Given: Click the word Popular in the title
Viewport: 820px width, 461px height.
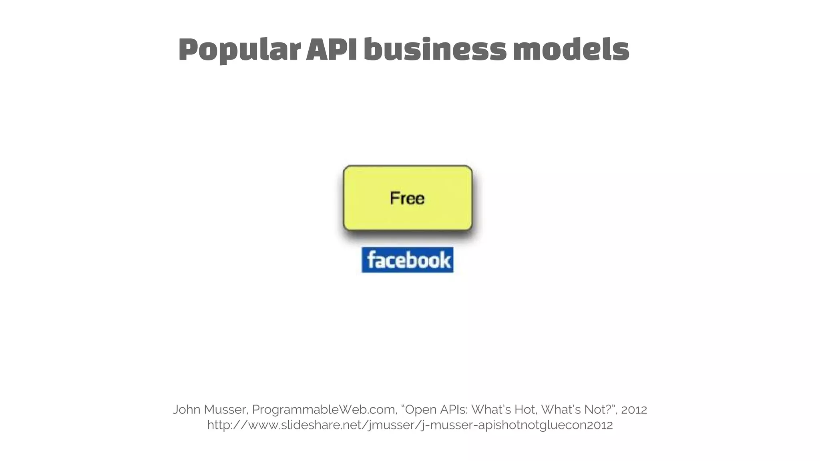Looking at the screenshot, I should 239,50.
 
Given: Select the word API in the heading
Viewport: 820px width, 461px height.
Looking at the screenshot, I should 331,50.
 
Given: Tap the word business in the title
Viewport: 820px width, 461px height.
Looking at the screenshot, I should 435,50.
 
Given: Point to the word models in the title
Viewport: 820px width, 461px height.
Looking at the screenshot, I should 571,50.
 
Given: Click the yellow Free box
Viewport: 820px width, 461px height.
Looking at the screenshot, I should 408,216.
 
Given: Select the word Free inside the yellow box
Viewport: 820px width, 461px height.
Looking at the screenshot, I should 407,198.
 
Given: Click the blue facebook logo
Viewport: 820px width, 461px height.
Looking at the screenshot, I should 408,260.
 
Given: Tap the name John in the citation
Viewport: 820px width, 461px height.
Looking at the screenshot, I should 187,409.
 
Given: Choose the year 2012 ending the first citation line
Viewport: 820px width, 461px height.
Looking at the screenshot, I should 634,409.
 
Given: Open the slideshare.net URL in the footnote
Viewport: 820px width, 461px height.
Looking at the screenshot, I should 410,425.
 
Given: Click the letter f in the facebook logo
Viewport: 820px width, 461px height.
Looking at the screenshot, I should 371,260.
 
